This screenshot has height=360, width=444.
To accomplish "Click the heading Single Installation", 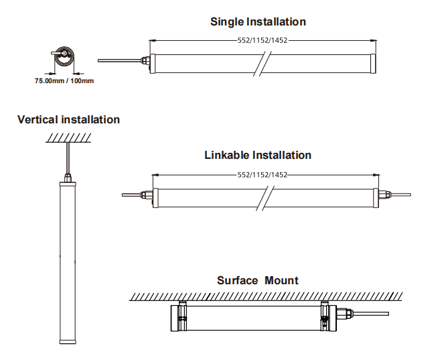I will (x=258, y=21).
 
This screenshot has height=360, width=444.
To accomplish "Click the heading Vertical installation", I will (x=68, y=119).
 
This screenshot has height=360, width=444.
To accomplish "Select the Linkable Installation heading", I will (x=258, y=155).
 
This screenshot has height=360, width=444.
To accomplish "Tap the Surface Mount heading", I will (x=258, y=280).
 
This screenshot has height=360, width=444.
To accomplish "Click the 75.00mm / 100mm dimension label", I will (x=64, y=80).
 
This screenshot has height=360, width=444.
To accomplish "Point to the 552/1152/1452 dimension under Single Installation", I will (x=263, y=40).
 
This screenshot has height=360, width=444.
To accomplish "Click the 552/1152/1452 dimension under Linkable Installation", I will (x=263, y=175).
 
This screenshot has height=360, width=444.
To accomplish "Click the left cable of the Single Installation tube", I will (x=118, y=61).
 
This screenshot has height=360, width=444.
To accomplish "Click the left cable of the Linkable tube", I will (x=130, y=196).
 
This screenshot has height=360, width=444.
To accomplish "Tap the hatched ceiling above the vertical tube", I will (x=69, y=137).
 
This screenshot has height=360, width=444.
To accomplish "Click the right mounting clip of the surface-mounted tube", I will (x=325, y=315).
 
